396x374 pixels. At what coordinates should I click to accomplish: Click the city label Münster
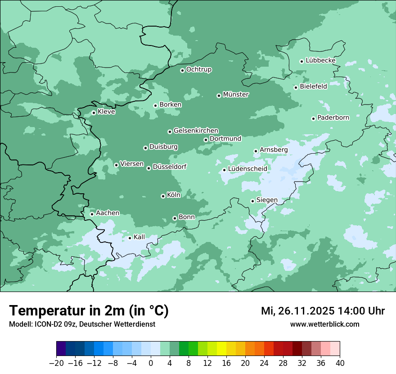(236, 95)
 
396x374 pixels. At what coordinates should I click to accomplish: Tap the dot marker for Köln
(163, 196)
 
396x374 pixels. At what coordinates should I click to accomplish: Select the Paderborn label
(333, 118)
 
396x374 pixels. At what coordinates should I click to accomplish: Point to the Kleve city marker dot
(94, 113)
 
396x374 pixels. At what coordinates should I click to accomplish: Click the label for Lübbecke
(320, 60)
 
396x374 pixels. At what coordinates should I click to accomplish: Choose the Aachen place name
(108, 213)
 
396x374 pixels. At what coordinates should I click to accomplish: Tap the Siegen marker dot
(252, 201)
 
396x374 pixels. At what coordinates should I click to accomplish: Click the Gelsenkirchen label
(196, 131)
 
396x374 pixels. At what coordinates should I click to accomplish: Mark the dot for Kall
(130, 238)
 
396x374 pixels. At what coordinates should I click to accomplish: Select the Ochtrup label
(199, 69)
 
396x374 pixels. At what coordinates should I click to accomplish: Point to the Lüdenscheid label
(247, 169)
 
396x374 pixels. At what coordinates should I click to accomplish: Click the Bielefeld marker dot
(296, 87)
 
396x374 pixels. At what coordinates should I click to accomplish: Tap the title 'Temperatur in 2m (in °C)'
(89, 310)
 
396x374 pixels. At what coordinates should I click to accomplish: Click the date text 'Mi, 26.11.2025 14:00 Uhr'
(323, 311)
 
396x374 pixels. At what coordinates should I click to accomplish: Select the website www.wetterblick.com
(324, 324)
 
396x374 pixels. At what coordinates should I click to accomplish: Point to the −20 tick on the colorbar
(57, 363)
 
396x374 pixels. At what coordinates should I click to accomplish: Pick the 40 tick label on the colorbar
(340, 363)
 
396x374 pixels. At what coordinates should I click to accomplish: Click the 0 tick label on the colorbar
(151, 363)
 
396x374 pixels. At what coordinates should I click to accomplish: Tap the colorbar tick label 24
(264, 363)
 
